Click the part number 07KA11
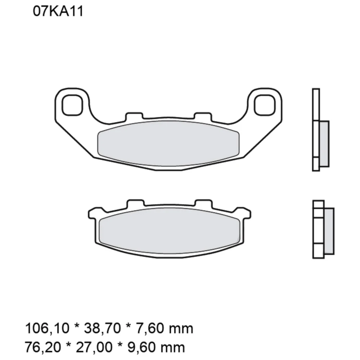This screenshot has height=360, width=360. pyautogui.click(x=58, y=12)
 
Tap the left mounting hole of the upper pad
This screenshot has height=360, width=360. pyautogui.click(x=72, y=105)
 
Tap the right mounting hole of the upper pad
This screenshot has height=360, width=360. pyautogui.click(x=265, y=105)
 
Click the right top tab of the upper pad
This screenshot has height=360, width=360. pyautogui.click(x=202, y=116)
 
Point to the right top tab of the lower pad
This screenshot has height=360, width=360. pyautogui.click(x=203, y=204)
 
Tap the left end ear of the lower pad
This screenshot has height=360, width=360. pyautogui.click(x=93, y=214)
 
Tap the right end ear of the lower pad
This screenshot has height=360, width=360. pyautogui.click(x=245, y=214)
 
